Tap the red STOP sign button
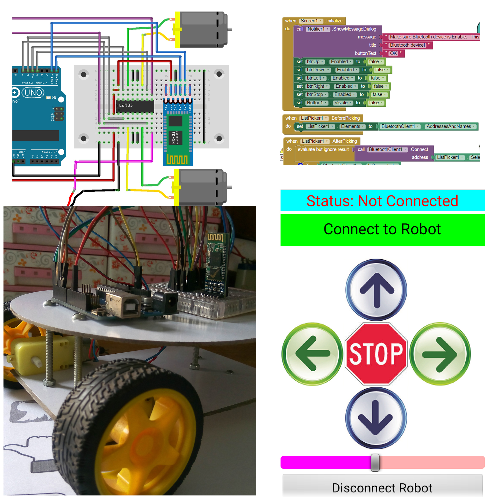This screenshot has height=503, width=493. (376, 354)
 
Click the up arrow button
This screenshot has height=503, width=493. (376, 290)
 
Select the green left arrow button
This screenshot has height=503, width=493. (312, 354)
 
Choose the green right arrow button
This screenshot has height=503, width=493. (440, 354)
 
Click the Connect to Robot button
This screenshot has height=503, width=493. (382, 230)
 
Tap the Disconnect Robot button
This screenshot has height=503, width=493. (382, 488)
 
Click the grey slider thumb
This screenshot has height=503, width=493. (375, 463)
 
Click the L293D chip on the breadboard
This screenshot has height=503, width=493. (135, 106)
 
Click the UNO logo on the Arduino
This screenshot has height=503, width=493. (33, 93)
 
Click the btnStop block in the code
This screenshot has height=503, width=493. (316, 95)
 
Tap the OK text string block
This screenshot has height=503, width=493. (393, 53)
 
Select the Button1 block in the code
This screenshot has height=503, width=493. (316, 103)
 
